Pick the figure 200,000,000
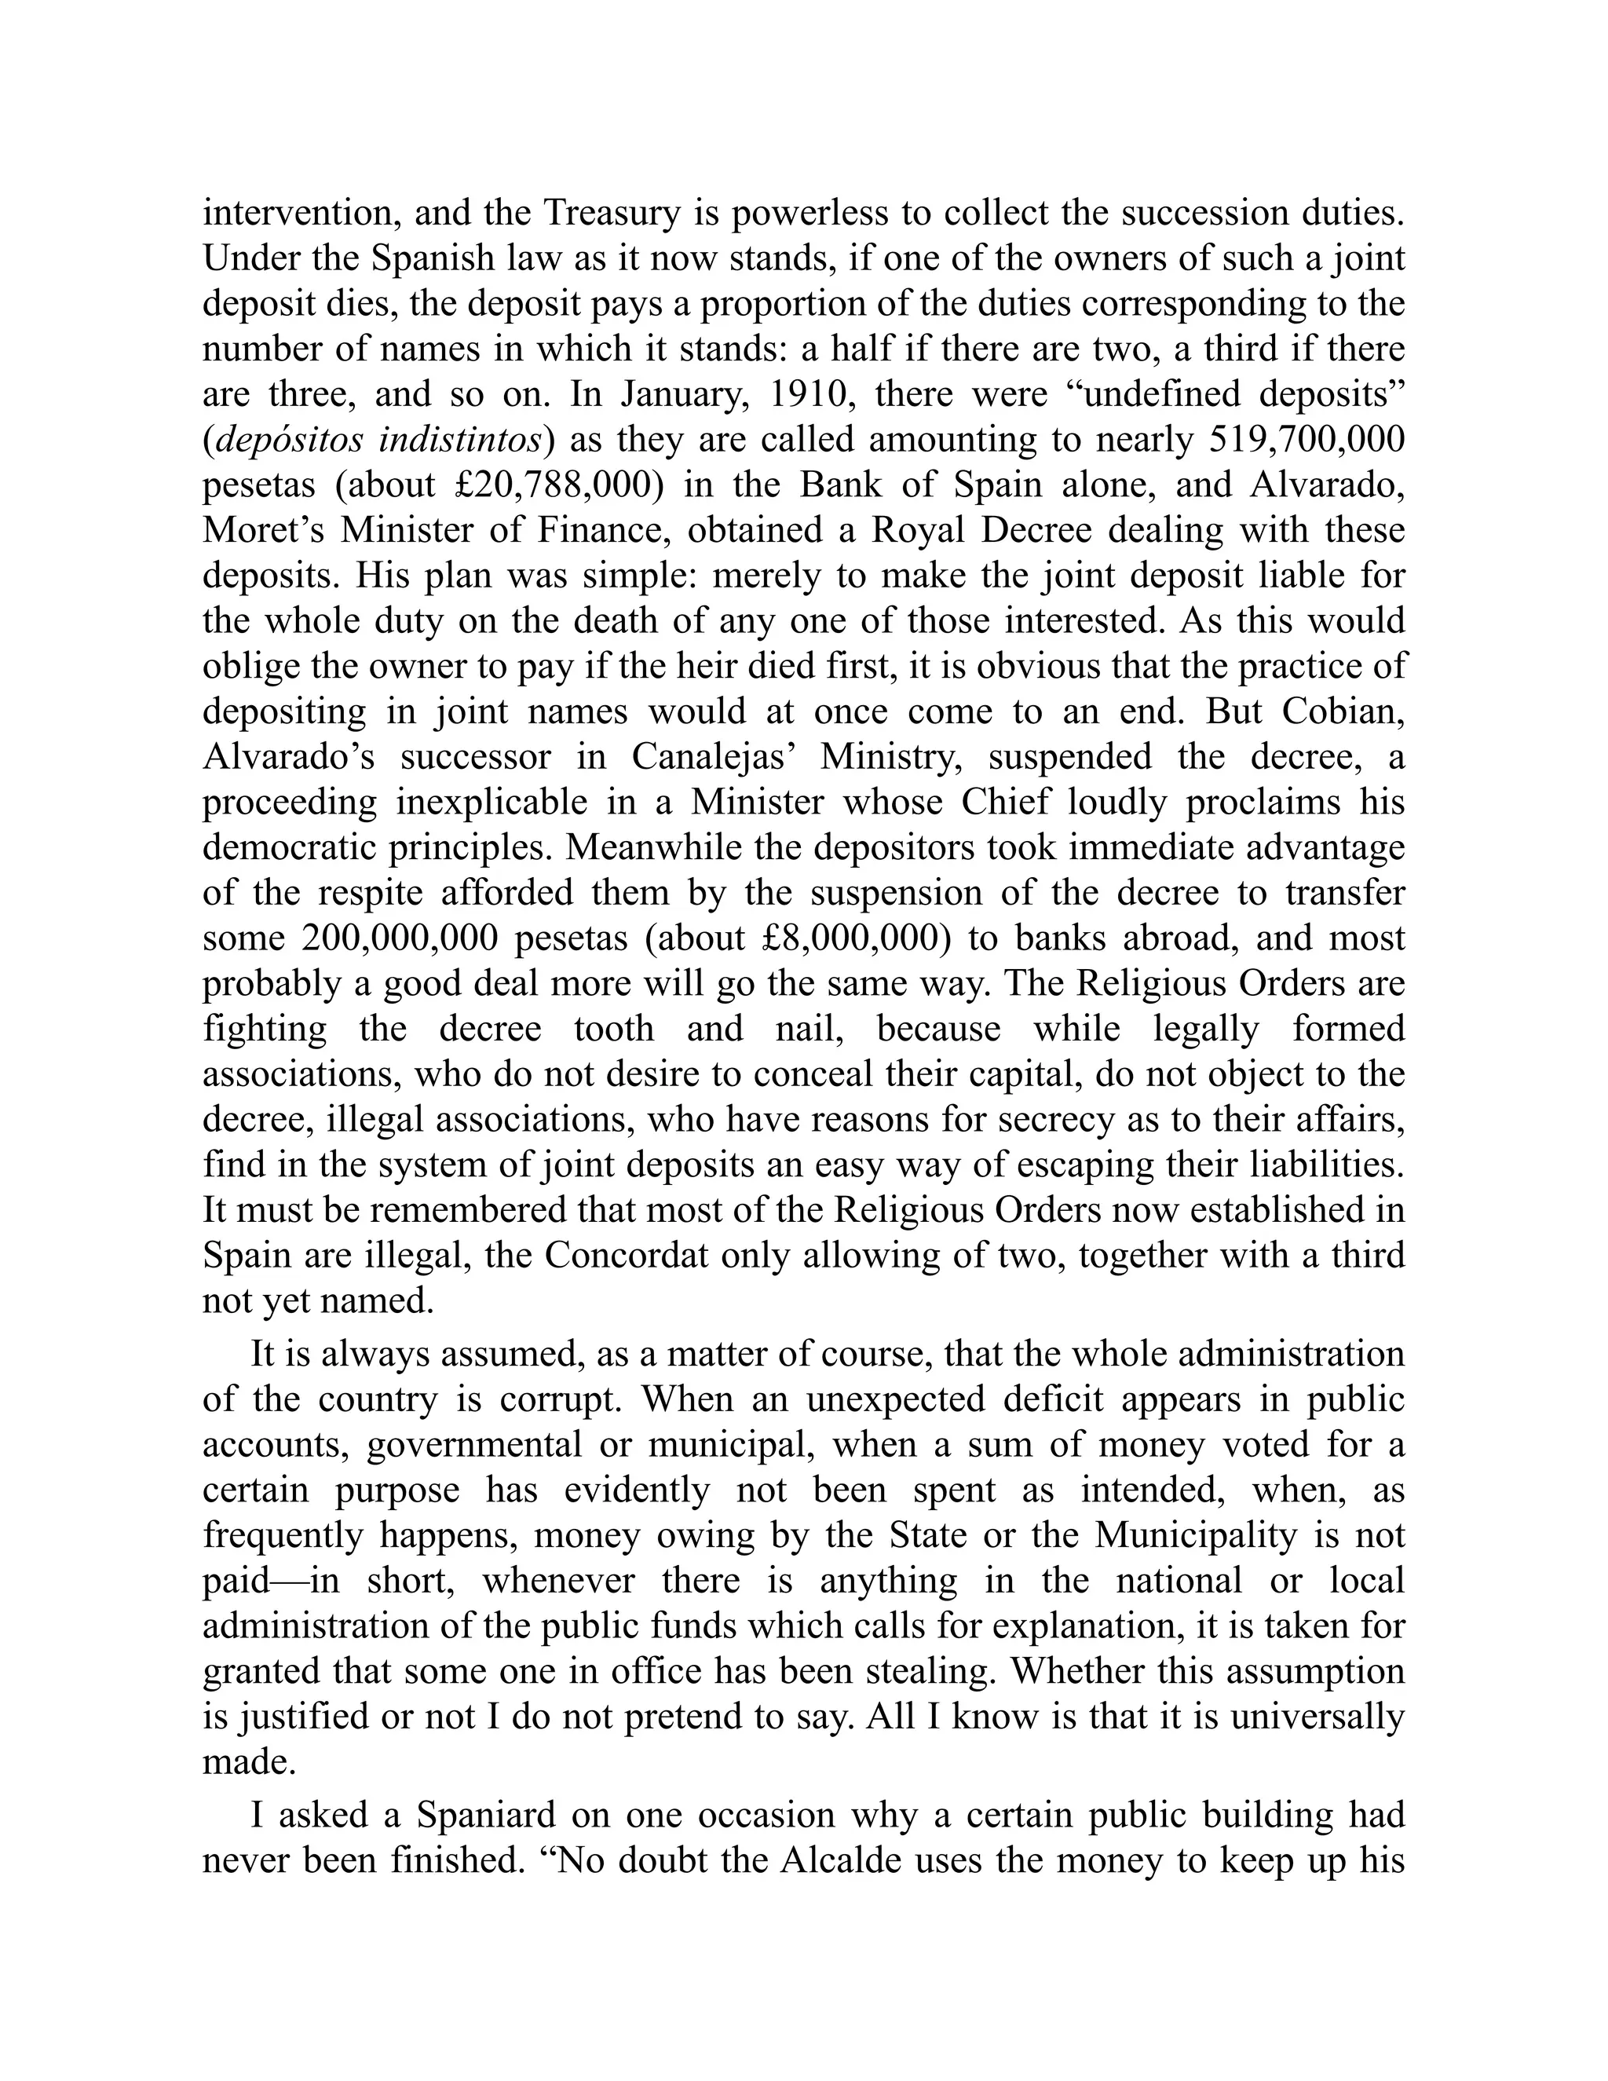pyautogui.click(x=400, y=938)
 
